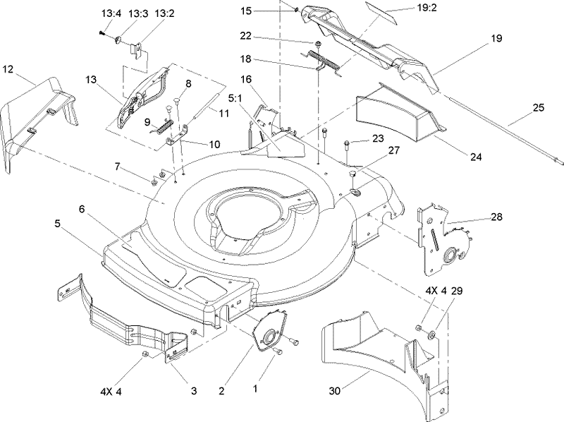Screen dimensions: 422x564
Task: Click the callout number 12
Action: [8, 68]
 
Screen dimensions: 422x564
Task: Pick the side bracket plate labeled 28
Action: [441, 236]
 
